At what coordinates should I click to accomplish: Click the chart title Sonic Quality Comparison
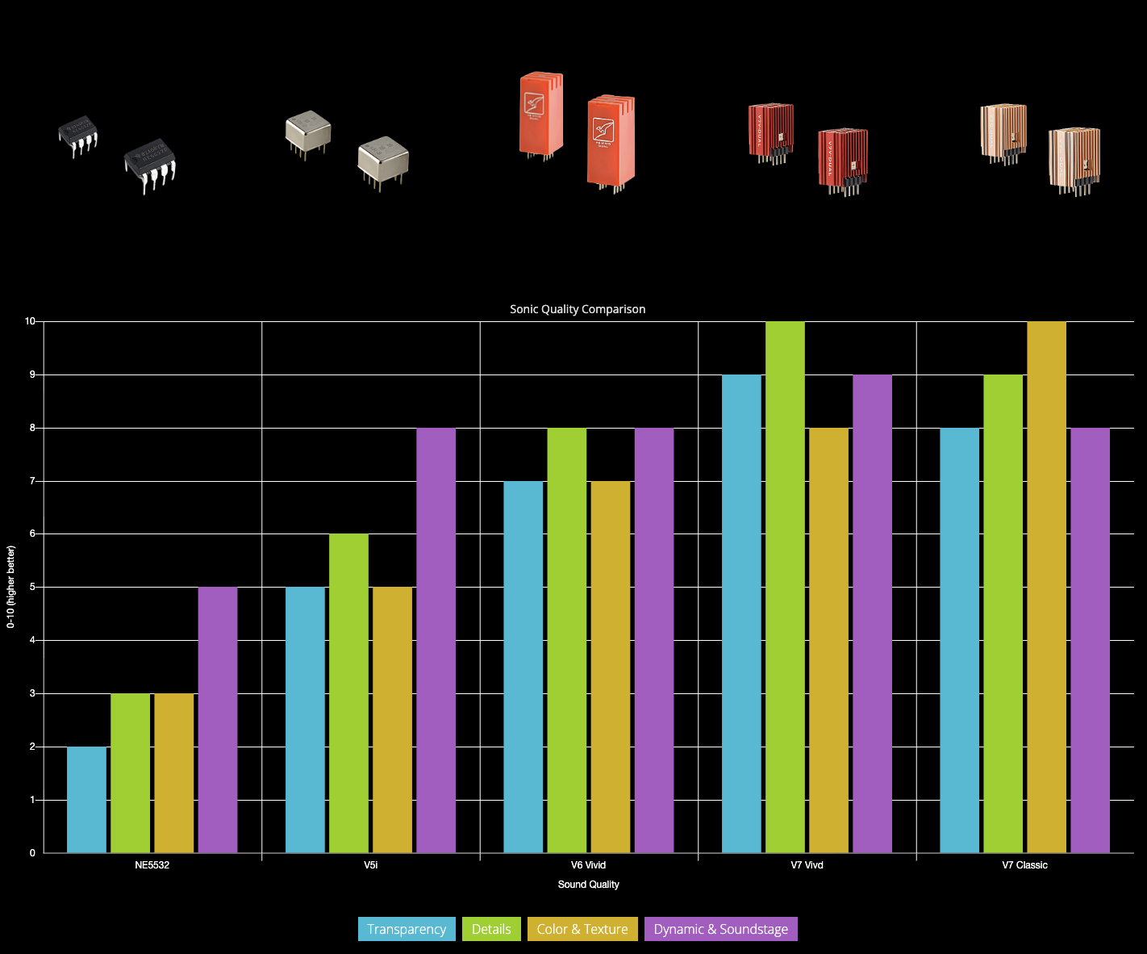(578, 309)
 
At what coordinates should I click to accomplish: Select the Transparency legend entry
(407, 929)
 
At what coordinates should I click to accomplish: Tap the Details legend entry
(491, 929)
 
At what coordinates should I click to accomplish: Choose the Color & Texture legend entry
(582, 929)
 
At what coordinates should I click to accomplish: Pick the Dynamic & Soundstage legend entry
(720, 929)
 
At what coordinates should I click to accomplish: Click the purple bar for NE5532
(218, 719)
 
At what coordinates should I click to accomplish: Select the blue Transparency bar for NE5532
(86, 799)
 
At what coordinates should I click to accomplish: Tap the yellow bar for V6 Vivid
(611, 666)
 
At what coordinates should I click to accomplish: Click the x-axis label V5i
(370, 865)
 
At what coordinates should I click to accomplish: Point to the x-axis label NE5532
(152, 865)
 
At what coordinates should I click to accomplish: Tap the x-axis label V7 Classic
(1024, 865)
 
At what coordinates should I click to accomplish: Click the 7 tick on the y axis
(32, 481)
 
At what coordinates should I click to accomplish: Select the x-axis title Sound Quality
(589, 885)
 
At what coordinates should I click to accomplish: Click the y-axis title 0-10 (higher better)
(11, 587)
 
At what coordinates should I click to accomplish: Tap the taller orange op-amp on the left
(540, 113)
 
